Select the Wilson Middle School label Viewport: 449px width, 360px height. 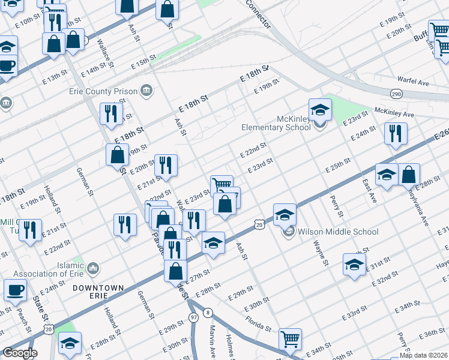click(338, 232)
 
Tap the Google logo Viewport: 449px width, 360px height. click(19, 353)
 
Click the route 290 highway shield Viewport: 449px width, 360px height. click(396, 94)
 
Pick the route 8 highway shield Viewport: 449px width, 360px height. click(208, 312)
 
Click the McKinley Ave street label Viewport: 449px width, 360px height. click(394, 113)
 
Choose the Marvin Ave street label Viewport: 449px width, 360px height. click(212, 340)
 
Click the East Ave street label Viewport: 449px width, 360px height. click(369, 190)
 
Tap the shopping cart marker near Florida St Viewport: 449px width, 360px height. click(291, 339)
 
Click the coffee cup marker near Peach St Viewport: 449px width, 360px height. click(15, 290)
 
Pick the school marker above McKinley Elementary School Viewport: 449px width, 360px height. click(320, 110)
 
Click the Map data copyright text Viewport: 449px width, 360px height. click(423, 355)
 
